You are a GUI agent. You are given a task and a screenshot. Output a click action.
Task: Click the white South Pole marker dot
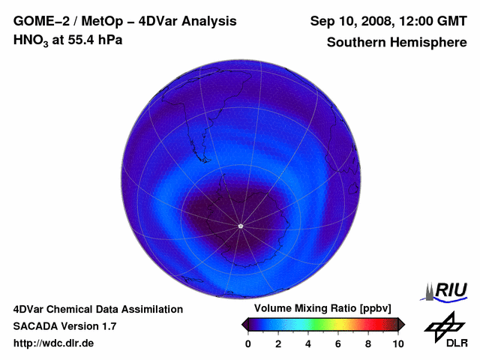pyautogui.click(x=240, y=226)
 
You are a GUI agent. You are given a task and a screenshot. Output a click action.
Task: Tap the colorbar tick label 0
pyautogui.click(x=248, y=343)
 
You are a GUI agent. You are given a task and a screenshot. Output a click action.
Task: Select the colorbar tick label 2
pyautogui.click(x=278, y=343)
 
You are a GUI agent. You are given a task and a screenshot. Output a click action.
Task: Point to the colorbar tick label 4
pyautogui.click(x=308, y=343)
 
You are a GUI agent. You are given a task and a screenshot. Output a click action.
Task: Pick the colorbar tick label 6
pyautogui.click(x=338, y=343)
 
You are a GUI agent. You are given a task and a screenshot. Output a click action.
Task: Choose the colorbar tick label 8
pyautogui.click(x=368, y=343)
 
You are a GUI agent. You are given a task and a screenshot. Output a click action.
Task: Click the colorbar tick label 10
pyautogui.click(x=397, y=343)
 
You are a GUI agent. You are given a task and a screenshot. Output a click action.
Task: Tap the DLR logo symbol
pyautogui.click(x=444, y=324)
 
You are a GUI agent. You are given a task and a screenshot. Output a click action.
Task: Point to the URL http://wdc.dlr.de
pyautogui.click(x=54, y=343)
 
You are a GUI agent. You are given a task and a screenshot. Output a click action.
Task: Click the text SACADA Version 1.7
pyautogui.click(x=64, y=326)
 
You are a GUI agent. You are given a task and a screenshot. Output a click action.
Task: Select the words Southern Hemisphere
pyautogui.click(x=397, y=43)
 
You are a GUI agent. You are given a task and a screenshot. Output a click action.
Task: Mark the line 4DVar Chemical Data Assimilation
pyautogui.click(x=98, y=309)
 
